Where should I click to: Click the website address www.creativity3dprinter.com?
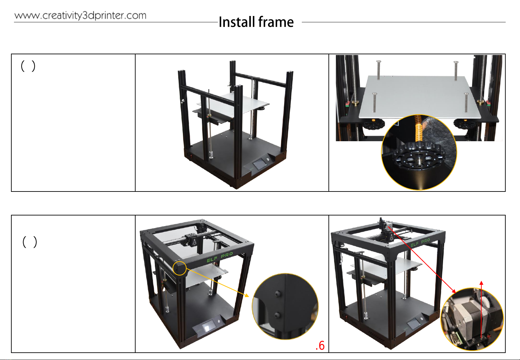point(80,16)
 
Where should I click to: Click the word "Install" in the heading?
point(237,22)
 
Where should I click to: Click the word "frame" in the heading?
point(276,22)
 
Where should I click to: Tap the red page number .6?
point(320,345)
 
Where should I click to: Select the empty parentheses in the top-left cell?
point(28,66)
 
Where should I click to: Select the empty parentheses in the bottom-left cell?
point(30,242)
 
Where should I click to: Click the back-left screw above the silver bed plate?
point(379,70)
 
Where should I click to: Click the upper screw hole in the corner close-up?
point(277,294)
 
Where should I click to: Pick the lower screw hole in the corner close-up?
point(277,315)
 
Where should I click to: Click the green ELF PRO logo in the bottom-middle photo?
point(220,257)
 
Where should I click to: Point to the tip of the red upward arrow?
point(481,281)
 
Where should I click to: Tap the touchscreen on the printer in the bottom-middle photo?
point(209,327)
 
